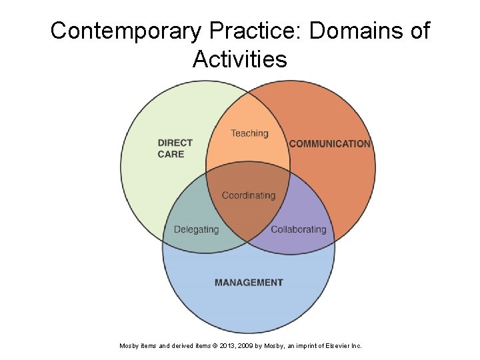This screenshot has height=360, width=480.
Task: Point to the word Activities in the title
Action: pyautogui.click(x=240, y=59)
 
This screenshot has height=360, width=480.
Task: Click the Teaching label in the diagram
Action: pyautogui.click(x=249, y=133)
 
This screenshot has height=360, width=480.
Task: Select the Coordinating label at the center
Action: pyautogui.click(x=248, y=195)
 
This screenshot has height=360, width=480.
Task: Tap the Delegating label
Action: pyautogui.click(x=196, y=229)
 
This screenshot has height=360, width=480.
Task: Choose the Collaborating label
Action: pyautogui.click(x=298, y=229)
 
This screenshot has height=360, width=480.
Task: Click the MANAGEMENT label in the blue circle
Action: pyautogui.click(x=249, y=283)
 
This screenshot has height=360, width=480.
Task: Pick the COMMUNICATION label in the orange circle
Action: pyautogui.click(x=329, y=143)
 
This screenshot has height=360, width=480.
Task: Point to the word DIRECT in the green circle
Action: pyautogui.click(x=175, y=143)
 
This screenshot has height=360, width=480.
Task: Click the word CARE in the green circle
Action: pyautogui.click(x=171, y=155)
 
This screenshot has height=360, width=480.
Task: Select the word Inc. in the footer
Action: pyautogui.click(x=356, y=346)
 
